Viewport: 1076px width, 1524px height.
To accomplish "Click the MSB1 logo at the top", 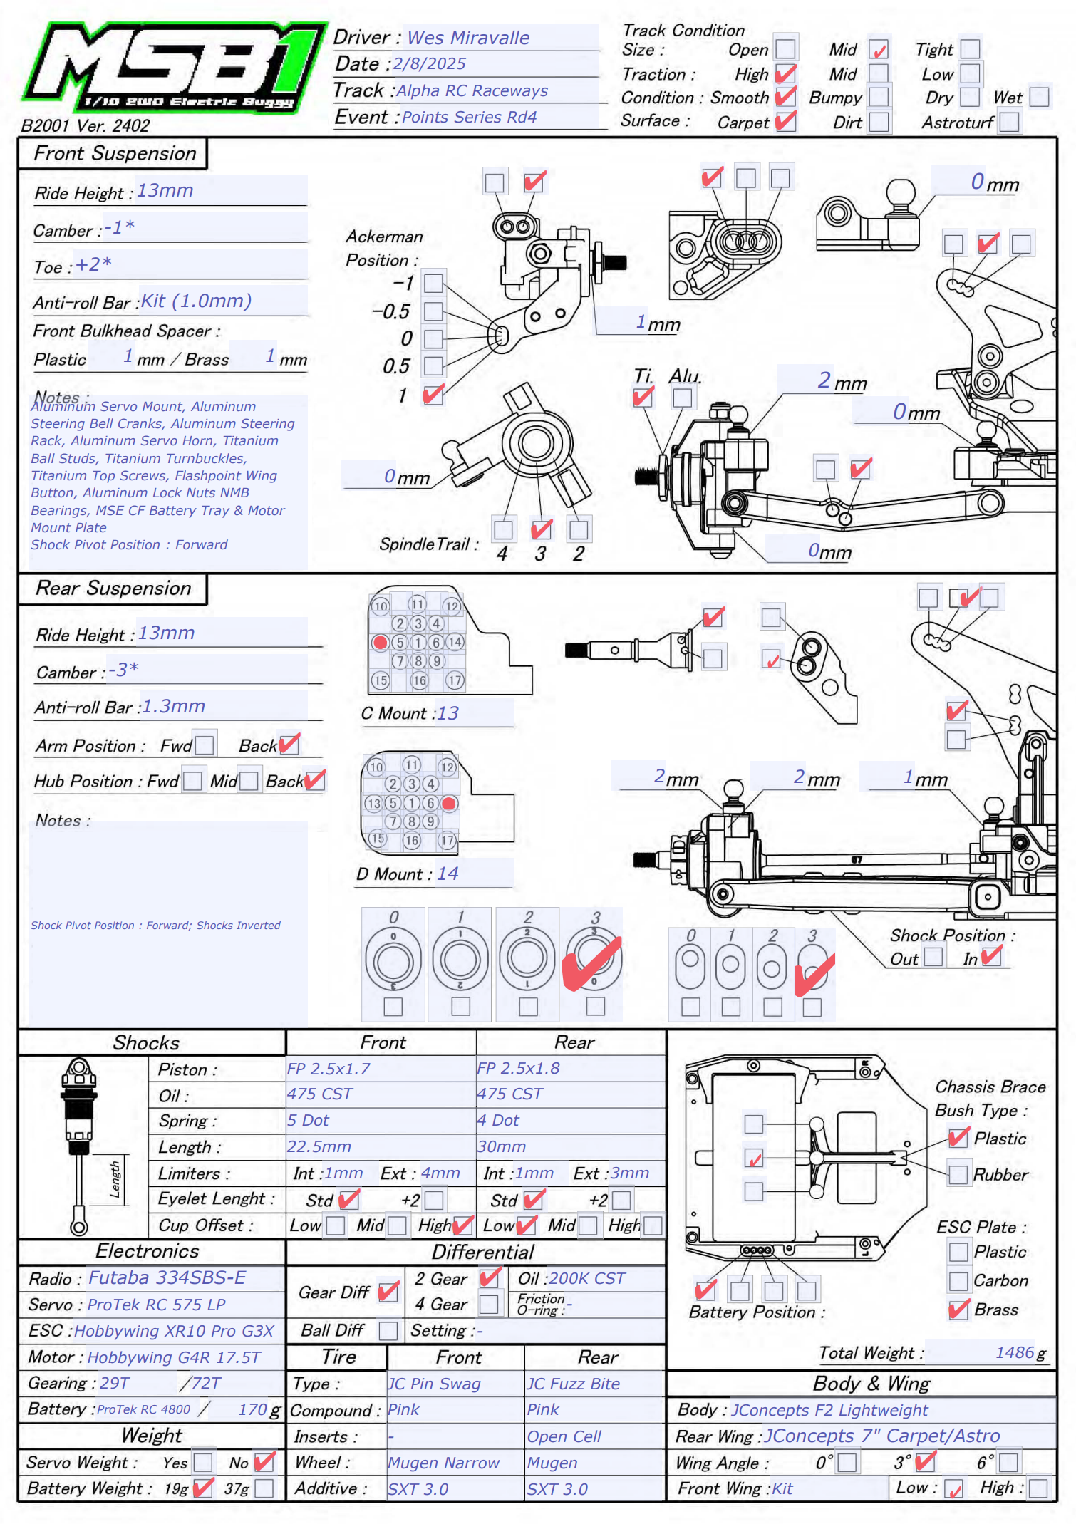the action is pos(171,68).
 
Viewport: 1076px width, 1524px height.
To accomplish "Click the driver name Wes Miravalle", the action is pos(468,38).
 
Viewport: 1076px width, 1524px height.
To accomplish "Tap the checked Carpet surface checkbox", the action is pos(785,121).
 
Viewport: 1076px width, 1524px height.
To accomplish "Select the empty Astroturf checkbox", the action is pos(1009,123).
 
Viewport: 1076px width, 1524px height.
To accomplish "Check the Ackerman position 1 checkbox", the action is pos(433,394).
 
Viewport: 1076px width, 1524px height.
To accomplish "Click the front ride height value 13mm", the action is pos(165,191).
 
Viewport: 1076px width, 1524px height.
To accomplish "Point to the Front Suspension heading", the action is pos(115,153).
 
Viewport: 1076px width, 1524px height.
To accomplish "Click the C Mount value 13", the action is pos(448,713).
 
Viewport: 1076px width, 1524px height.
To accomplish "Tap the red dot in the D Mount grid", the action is pos(449,803).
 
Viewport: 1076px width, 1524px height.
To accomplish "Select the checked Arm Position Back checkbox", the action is pos(289,745).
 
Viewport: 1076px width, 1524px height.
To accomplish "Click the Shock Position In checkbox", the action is pos(991,956).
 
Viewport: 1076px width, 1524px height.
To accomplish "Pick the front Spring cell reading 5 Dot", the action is pos(308,1120).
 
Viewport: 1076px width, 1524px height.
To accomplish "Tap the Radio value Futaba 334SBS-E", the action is pos(167,1277).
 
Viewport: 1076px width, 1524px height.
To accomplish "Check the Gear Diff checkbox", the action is pos(388,1292).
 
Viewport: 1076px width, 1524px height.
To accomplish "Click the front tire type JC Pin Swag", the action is pos(434,1384).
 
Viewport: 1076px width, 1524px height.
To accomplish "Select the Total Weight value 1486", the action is pos(1015,1352).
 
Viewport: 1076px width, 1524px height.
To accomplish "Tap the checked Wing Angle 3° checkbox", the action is pos(925,1463).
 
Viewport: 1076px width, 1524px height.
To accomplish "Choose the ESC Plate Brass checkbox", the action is pos(958,1310).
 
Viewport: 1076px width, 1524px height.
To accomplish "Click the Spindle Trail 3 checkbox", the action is pos(541,529).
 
